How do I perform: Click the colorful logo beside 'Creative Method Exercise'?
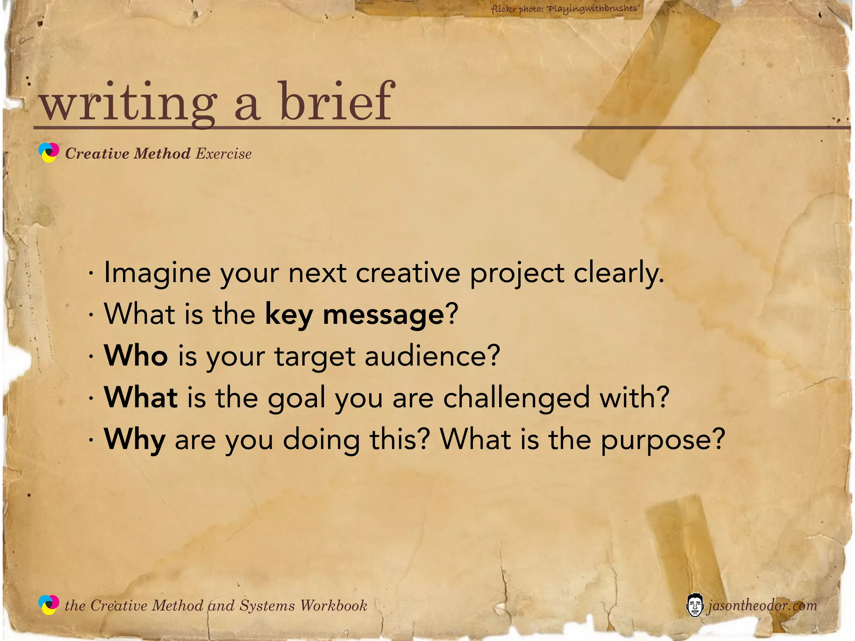click(49, 152)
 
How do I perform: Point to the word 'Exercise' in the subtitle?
click(223, 154)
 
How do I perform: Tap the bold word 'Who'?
click(136, 356)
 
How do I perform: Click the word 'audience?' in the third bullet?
click(432, 356)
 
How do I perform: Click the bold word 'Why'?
click(134, 440)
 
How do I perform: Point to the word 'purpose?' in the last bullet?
click(663, 440)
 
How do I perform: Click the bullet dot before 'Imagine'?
click(91, 274)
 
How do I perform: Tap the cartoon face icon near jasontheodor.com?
click(694, 605)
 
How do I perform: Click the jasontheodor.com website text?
click(761, 605)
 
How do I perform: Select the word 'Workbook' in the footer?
click(334, 606)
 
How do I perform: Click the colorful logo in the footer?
click(49, 605)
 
